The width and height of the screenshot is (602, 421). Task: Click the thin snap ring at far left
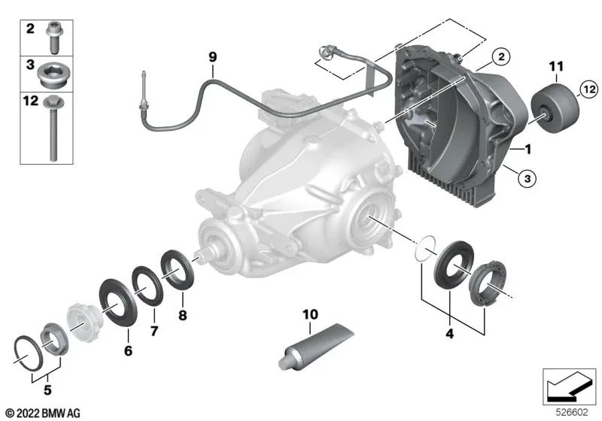(29, 350)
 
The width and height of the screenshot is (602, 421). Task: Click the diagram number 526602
(573, 413)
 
